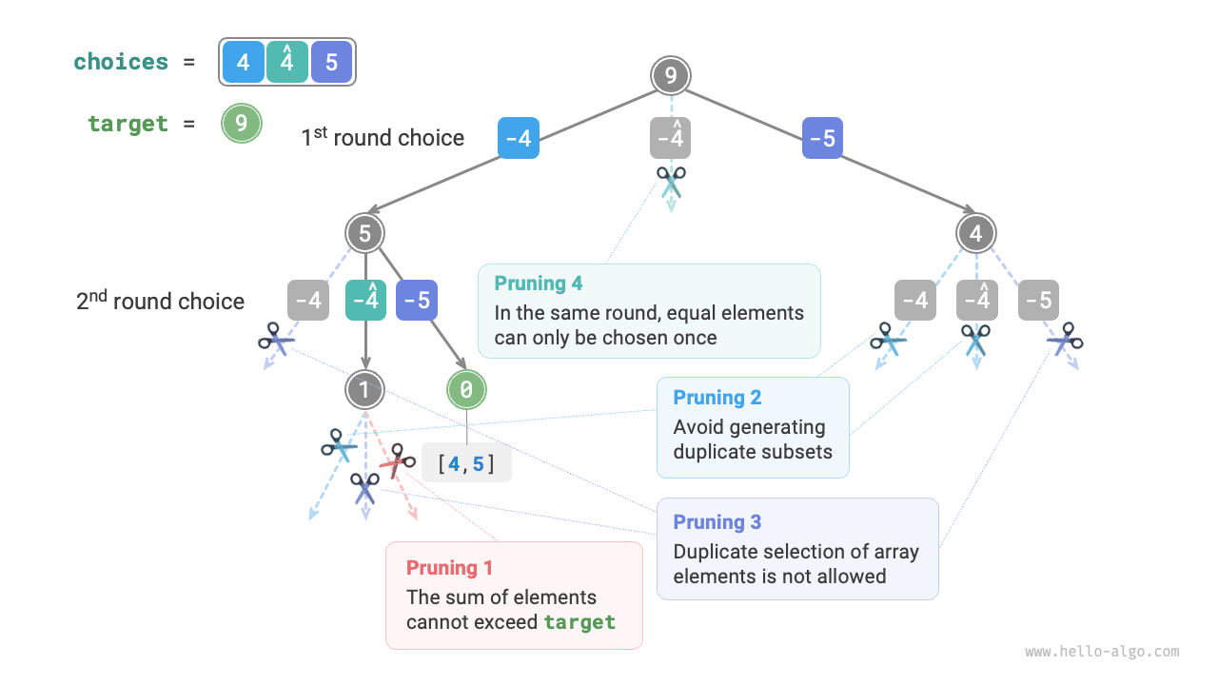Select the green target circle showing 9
point(242,124)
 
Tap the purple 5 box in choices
point(331,63)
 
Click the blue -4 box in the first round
point(519,139)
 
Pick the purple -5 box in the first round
point(822,139)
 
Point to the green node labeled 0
point(466,388)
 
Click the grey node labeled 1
point(365,388)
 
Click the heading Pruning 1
point(449,568)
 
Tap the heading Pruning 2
point(717,398)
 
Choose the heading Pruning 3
point(717,522)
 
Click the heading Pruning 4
point(539,284)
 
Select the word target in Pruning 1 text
point(580,623)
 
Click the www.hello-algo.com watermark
point(1102,652)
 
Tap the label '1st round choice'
point(383,138)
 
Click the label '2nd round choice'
point(160,302)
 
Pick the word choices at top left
point(121,63)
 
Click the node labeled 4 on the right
point(975,233)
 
